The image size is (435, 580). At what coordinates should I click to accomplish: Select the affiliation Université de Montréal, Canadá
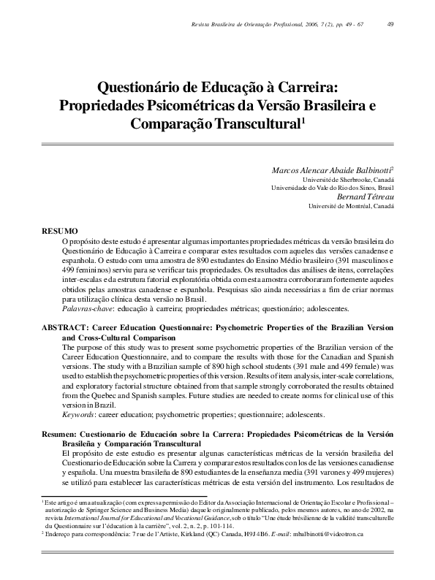tap(352, 205)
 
